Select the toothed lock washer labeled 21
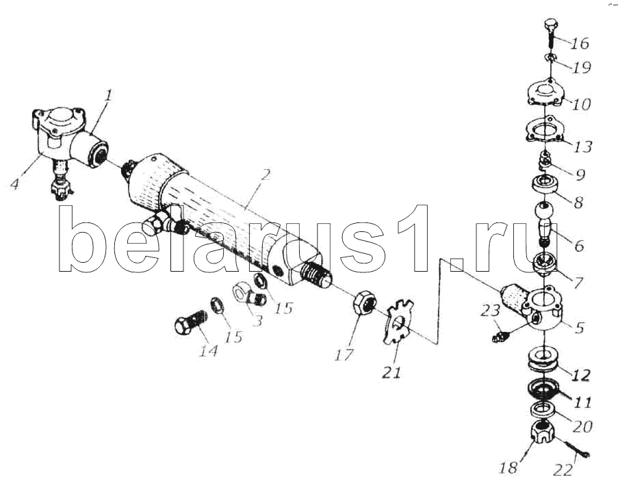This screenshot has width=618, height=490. click(398, 321)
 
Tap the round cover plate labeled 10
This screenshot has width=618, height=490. click(546, 93)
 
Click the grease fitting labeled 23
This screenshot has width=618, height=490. click(502, 336)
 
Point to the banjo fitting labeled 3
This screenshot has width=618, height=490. click(250, 297)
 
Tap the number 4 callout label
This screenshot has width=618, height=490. click(15, 184)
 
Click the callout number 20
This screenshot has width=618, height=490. click(582, 426)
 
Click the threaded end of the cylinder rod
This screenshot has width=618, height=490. click(316, 275)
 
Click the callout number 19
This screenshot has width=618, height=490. click(581, 68)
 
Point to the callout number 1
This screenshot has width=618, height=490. click(108, 95)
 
